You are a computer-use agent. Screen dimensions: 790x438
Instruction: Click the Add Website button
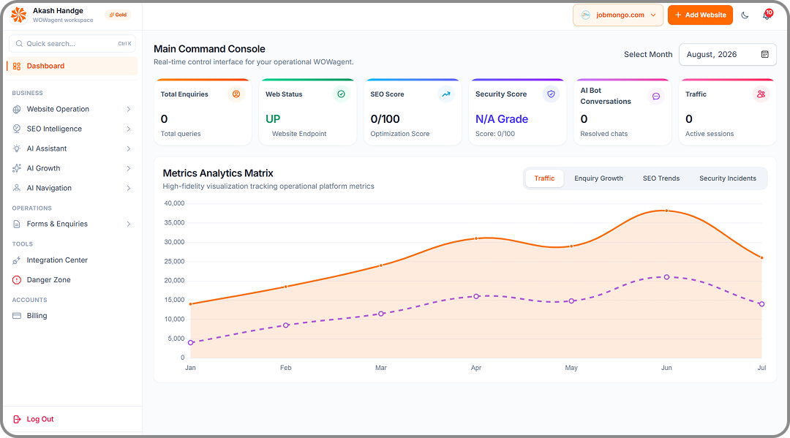700,15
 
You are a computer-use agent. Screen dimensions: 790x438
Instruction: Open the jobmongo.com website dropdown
618,15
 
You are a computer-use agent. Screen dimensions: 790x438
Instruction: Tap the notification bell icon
767,15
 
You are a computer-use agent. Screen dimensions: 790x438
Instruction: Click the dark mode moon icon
745,15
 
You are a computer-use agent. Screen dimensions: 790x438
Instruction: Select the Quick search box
72,44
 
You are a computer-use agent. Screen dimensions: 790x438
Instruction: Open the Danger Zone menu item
48,280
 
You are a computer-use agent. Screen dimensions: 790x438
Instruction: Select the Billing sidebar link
37,316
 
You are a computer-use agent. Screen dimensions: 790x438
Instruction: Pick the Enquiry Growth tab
598,178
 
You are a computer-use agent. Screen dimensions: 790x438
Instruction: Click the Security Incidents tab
728,178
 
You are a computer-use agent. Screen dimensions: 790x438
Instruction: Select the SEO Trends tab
661,178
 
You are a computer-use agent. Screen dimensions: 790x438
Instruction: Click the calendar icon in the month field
765,54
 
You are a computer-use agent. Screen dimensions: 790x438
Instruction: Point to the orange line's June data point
666,211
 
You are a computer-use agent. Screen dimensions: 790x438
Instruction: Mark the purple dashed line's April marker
476,297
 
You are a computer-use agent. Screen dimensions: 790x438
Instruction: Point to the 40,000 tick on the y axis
174,203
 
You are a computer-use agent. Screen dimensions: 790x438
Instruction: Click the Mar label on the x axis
381,368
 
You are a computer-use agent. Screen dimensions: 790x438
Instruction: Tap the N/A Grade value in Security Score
502,119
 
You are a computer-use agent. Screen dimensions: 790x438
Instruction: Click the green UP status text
273,119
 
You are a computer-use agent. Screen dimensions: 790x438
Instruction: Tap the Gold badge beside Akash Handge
118,15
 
